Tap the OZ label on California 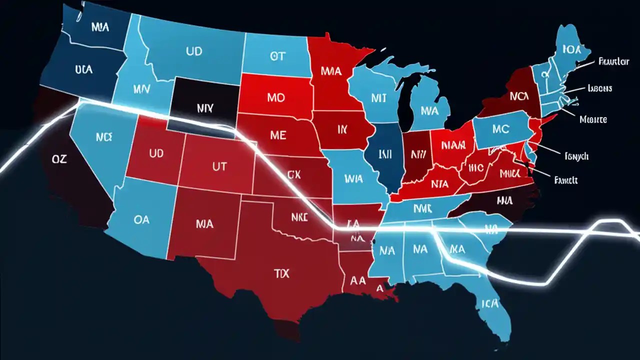pyautogui.click(x=59, y=159)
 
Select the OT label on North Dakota pyautogui.click(x=277, y=56)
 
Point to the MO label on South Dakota pyautogui.click(x=275, y=97)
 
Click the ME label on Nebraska pyautogui.click(x=278, y=135)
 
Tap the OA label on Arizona pyautogui.click(x=141, y=219)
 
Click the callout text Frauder pyautogui.click(x=613, y=61)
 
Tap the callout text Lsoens pyautogui.click(x=600, y=88)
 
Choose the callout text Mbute pyautogui.click(x=593, y=119)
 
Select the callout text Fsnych pyautogui.click(x=576, y=156)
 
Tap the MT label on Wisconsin pyautogui.click(x=379, y=97)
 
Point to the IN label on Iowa pyautogui.click(x=342, y=130)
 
